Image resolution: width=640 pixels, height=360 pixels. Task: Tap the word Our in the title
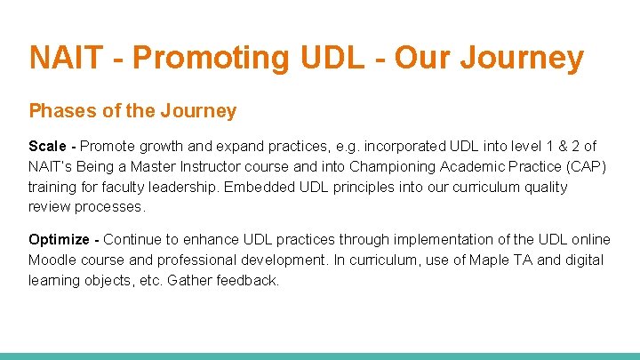click(x=420, y=58)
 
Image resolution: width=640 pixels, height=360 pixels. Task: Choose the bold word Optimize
click(x=59, y=240)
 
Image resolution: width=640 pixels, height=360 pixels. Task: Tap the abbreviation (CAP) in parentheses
click(x=584, y=166)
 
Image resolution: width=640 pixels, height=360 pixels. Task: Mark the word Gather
click(x=190, y=281)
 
